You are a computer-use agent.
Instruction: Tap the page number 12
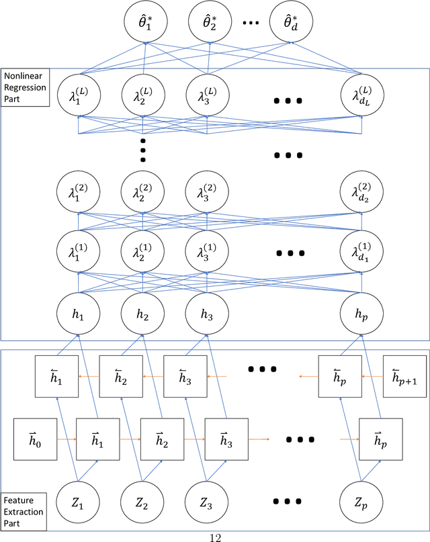pyautogui.click(x=214, y=536)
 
